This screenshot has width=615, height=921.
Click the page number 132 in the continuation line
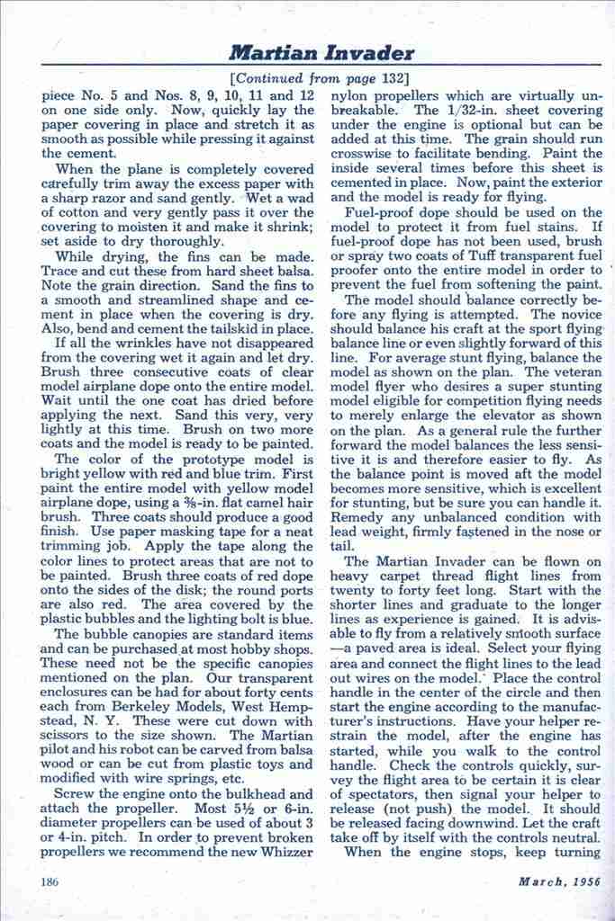click(392, 77)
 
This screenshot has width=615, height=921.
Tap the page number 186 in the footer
click(50, 881)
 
